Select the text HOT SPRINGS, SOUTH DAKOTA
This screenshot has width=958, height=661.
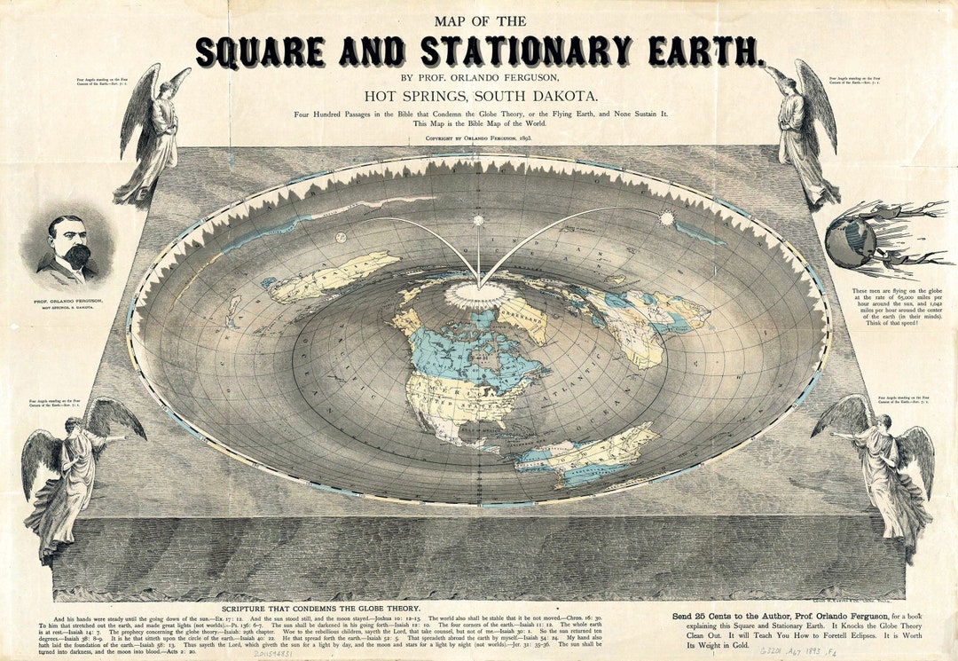[480, 95]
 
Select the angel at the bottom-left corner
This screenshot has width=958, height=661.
[75, 470]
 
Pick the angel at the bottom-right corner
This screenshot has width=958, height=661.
[883, 470]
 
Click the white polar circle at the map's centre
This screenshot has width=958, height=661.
[478, 294]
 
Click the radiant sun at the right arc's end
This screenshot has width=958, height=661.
[666, 217]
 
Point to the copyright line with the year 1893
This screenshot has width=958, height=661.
[480, 139]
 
